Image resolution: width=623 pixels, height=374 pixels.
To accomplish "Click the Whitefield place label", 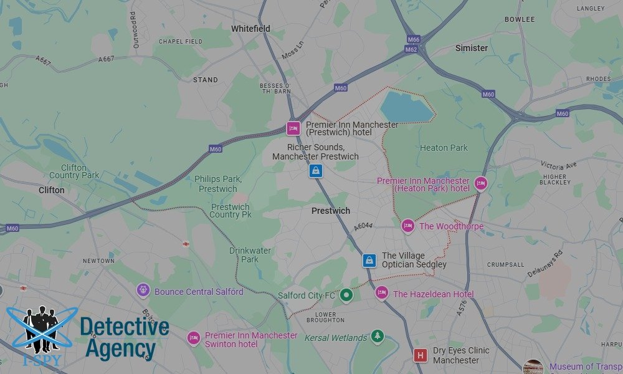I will click(250, 29).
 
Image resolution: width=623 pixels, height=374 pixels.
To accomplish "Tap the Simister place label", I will click(472, 48).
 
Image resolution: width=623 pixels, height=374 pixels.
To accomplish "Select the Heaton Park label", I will click(444, 148).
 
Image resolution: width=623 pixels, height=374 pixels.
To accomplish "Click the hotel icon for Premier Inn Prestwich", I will click(293, 128).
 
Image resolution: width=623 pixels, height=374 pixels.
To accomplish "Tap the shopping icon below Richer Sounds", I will click(316, 170).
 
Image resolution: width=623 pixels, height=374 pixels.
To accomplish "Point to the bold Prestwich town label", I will click(331, 211).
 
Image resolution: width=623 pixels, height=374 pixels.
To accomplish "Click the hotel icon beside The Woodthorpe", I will click(408, 226).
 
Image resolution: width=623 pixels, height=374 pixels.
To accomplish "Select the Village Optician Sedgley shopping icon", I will click(369, 260).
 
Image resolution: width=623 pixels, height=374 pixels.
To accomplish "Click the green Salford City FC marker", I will click(347, 295).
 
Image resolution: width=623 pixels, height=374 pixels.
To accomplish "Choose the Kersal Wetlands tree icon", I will click(377, 337).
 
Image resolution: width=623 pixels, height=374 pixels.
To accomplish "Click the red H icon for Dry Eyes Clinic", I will click(421, 355).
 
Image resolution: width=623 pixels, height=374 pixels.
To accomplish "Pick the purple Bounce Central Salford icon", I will click(144, 290).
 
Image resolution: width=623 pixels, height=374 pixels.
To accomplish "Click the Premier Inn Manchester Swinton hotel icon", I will click(194, 338).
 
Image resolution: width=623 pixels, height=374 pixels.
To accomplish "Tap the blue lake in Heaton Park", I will click(405, 106).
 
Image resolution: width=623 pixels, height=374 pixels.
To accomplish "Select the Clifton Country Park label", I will click(74, 171).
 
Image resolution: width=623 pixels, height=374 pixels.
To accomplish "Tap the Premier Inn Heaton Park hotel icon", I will click(480, 183).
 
